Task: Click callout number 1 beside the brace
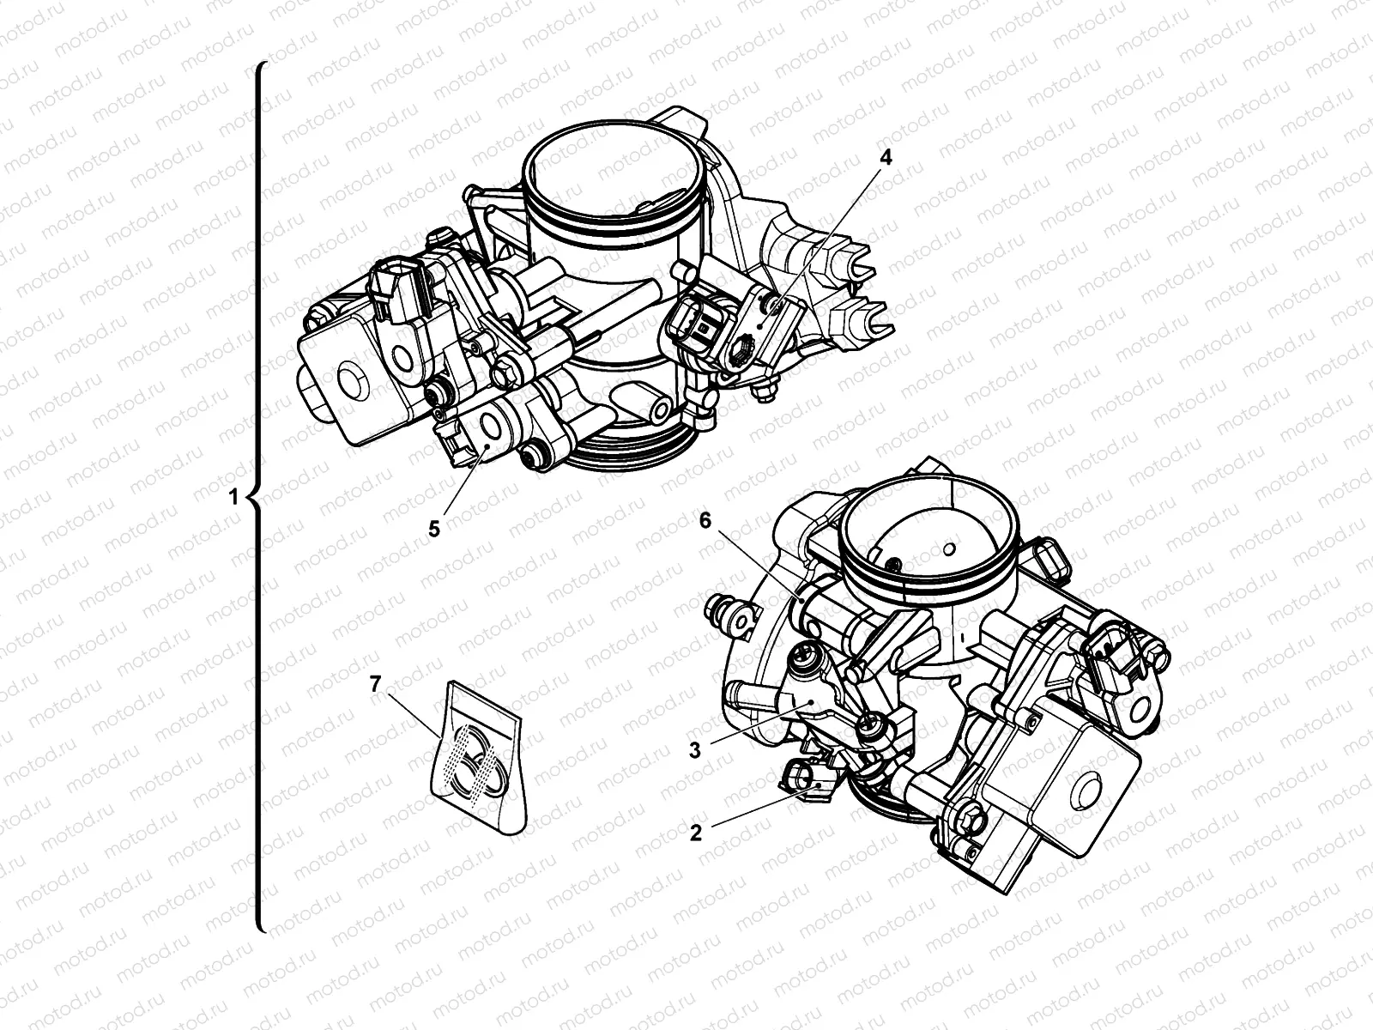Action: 233,496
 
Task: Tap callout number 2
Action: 696,832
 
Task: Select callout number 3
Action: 696,748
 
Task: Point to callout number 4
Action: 886,157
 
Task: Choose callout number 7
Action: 374,684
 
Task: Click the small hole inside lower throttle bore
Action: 948,548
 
